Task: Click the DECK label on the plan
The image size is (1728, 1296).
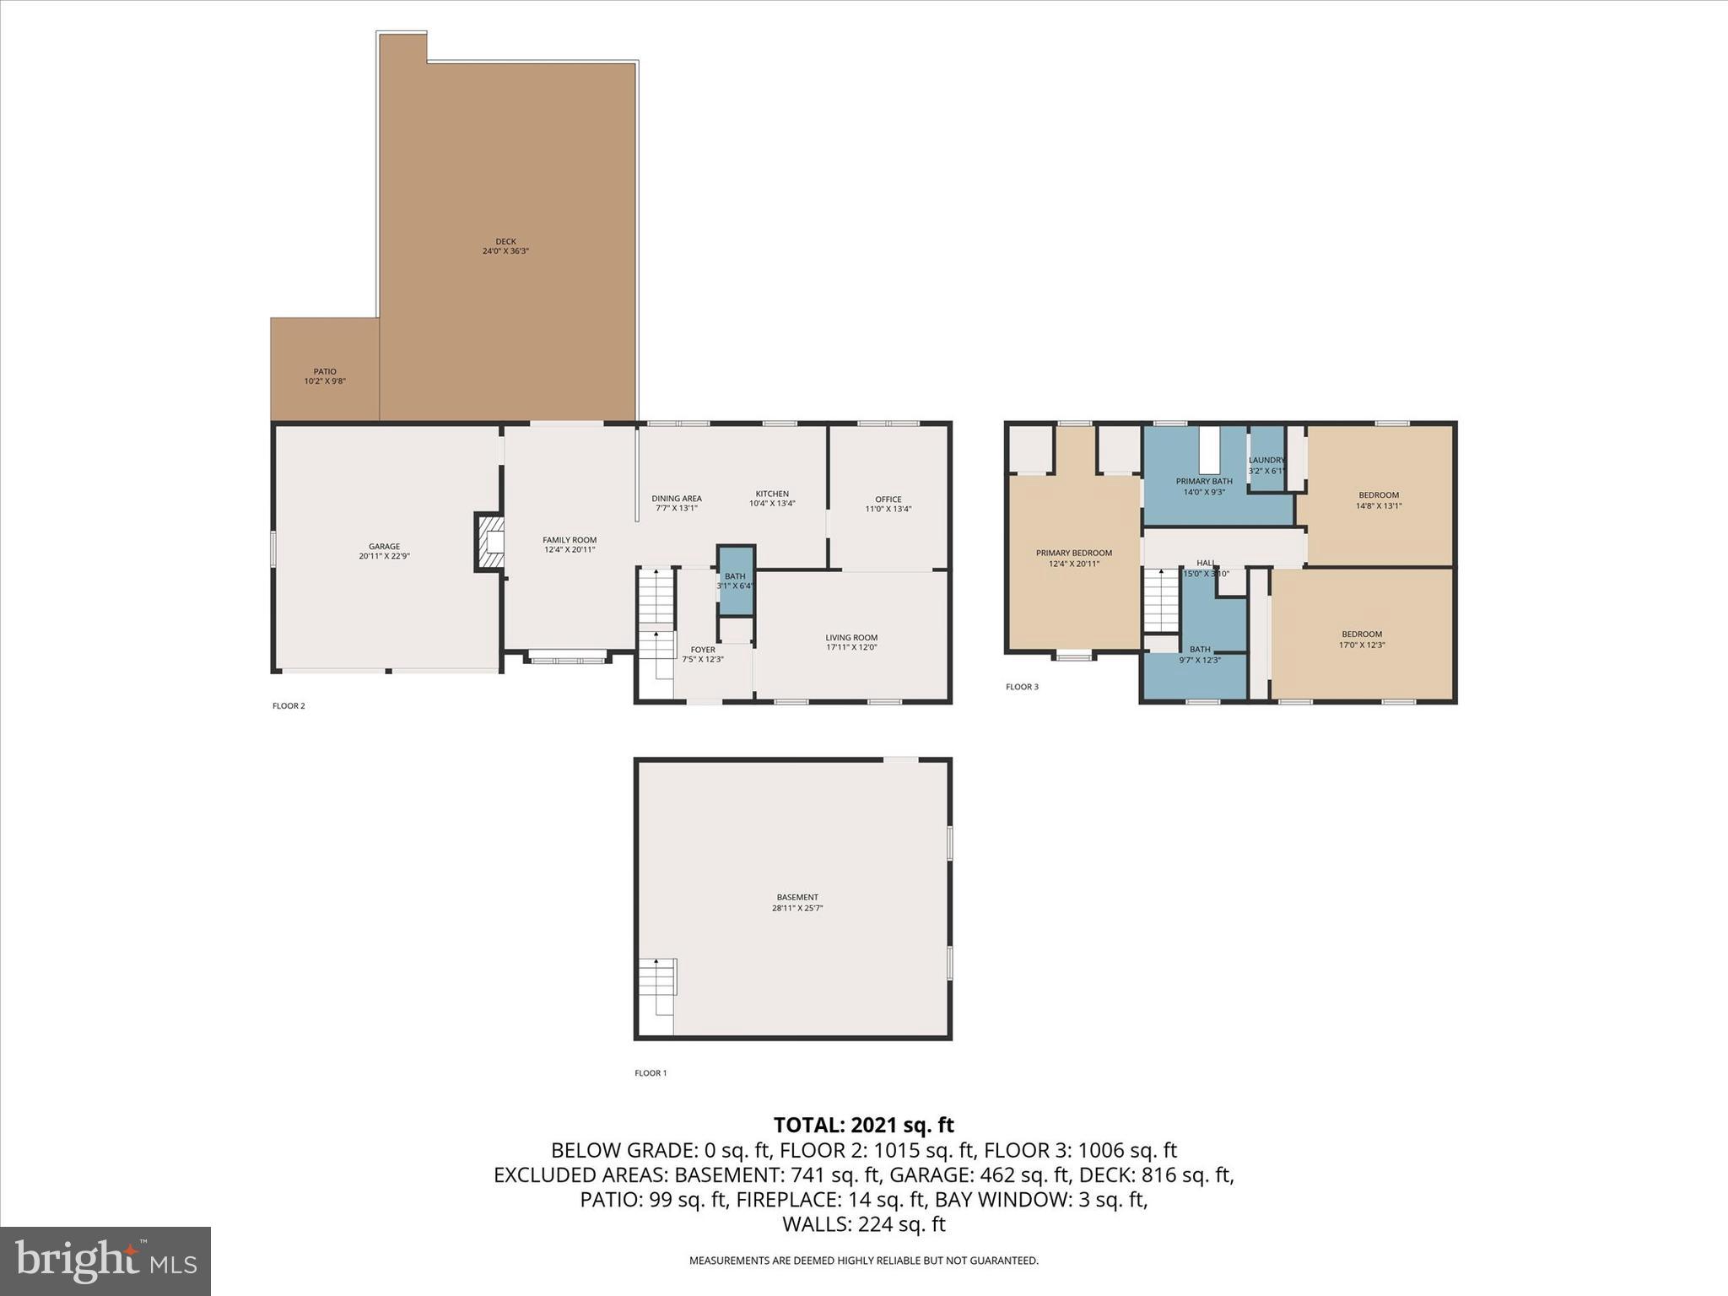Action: (x=505, y=246)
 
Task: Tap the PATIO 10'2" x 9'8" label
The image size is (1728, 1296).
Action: (x=325, y=376)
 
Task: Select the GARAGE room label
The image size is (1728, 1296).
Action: (x=384, y=551)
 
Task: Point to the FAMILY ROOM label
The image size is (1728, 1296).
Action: (x=570, y=544)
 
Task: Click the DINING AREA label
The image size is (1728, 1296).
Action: (x=677, y=503)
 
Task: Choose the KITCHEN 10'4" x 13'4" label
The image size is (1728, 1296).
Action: (x=772, y=499)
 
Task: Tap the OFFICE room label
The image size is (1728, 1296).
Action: (x=888, y=504)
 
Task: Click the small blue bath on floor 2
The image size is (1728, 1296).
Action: (x=735, y=580)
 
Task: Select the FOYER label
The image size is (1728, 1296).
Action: (x=702, y=654)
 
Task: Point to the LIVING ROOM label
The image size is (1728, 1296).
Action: (x=851, y=642)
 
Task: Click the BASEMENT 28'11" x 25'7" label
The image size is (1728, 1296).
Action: (x=797, y=903)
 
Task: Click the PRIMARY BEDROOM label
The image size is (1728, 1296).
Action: (x=1073, y=558)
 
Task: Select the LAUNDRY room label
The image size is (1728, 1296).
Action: (x=1266, y=465)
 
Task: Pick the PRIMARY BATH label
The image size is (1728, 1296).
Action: (x=1204, y=486)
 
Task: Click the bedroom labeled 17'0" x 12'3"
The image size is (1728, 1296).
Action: (x=1361, y=639)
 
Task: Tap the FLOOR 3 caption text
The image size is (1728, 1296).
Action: (x=1022, y=687)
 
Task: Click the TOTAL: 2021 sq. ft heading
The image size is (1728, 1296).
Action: (x=863, y=1125)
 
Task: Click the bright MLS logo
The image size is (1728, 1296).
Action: (x=105, y=1261)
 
